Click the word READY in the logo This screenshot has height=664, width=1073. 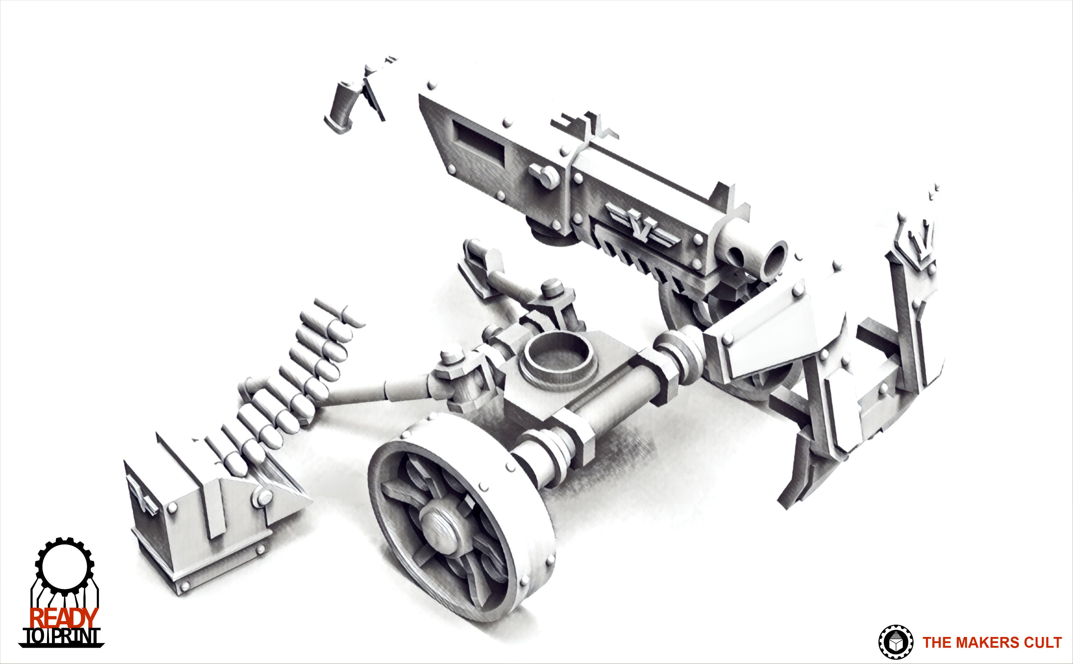[64, 618]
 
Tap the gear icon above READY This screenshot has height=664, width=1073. [64, 567]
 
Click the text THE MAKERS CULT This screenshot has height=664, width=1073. [992, 642]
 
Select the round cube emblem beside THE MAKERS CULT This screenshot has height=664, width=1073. [895, 642]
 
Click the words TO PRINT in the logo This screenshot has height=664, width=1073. [62, 637]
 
